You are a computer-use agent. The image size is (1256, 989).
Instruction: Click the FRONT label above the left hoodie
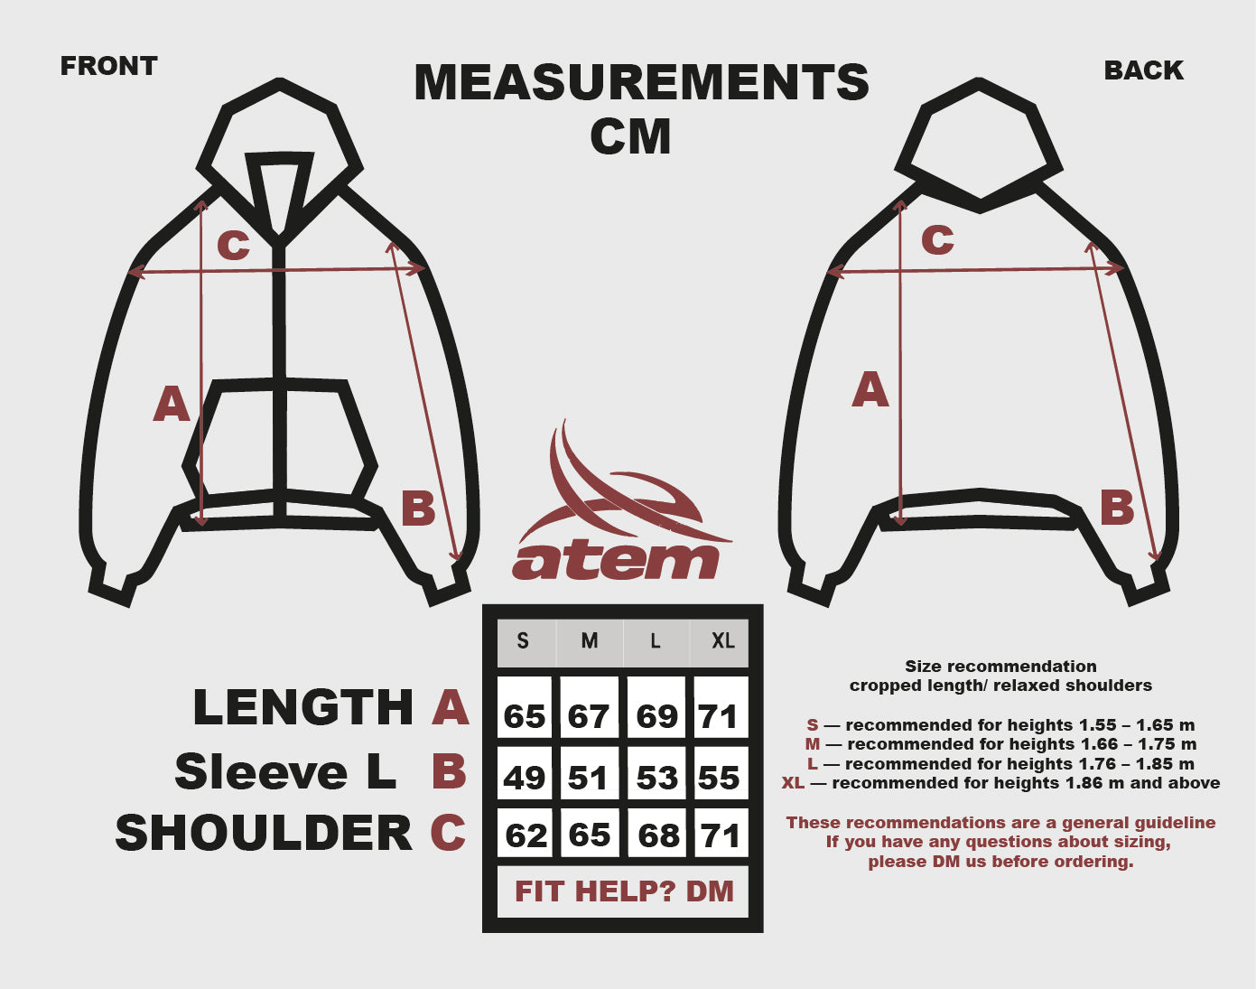pos(108,66)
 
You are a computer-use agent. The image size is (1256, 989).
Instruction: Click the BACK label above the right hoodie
pos(1143,70)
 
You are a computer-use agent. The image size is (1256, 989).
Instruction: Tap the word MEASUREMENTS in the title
pos(641,82)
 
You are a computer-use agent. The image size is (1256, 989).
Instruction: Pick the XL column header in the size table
pos(722,641)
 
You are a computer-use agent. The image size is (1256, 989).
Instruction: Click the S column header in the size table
pos(523,641)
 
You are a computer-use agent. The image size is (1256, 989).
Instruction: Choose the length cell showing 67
pos(589,715)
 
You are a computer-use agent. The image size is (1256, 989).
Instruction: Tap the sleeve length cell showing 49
pos(524,777)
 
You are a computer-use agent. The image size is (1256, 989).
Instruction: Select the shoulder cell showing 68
pos(657,835)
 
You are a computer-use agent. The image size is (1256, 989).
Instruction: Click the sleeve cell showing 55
pos(720,777)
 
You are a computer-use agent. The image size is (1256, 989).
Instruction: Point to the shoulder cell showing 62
pos(526,835)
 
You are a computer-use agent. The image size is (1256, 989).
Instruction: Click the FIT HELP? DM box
pos(624,891)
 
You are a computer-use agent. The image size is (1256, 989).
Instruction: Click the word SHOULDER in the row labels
pos(264,833)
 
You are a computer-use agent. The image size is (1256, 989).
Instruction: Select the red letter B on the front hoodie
pos(418,508)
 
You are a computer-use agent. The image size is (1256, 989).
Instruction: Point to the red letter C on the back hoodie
pos(937,239)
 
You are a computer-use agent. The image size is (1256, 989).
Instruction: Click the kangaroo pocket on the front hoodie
pos(280,438)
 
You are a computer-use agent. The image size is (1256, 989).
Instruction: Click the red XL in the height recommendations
pos(793,783)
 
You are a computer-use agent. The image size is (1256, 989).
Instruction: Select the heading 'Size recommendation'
pos(1000,667)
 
